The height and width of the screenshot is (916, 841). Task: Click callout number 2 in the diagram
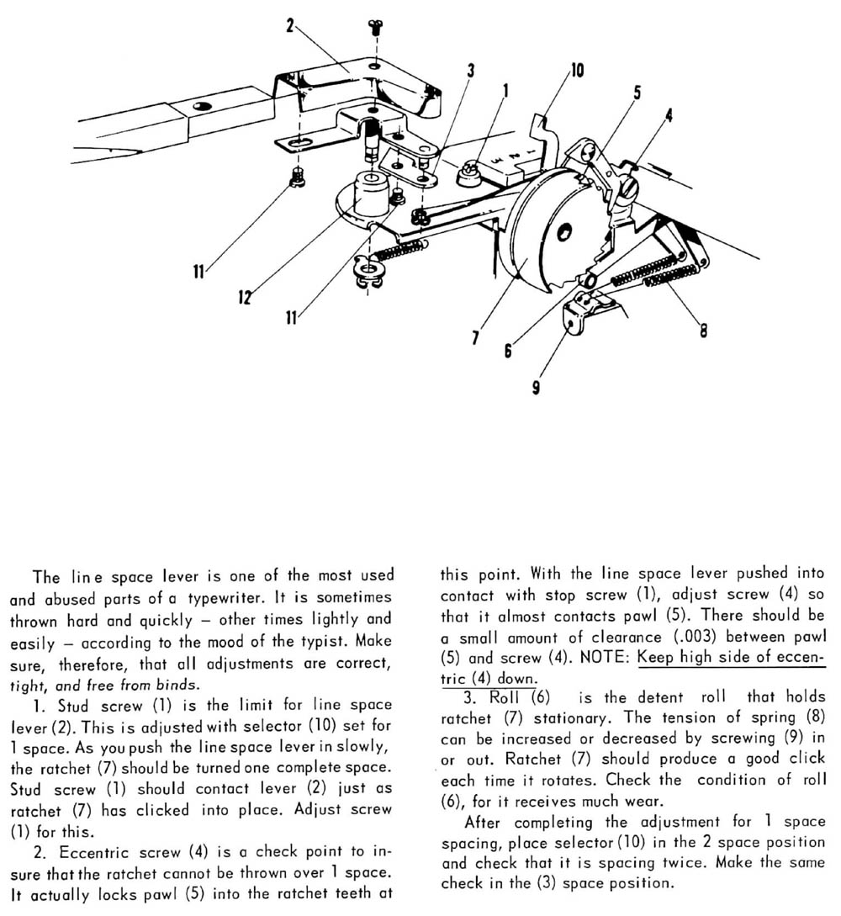[x=290, y=26]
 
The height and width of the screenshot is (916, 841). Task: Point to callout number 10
[x=577, y=71]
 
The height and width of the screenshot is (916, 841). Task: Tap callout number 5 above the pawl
[x=637, y=93]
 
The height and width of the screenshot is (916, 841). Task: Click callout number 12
[x=244, y=297]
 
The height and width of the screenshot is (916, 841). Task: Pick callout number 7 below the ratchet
[x=477, y=337]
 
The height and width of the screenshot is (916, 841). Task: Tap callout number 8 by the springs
[x=703, y=330]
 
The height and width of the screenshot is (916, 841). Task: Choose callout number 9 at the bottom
[x=537, y=388]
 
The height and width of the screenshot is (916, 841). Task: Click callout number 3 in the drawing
[x=470, y=71]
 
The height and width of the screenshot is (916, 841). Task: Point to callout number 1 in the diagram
[x=505, y=87]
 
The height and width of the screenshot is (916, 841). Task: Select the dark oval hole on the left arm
[x=200, y=106]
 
